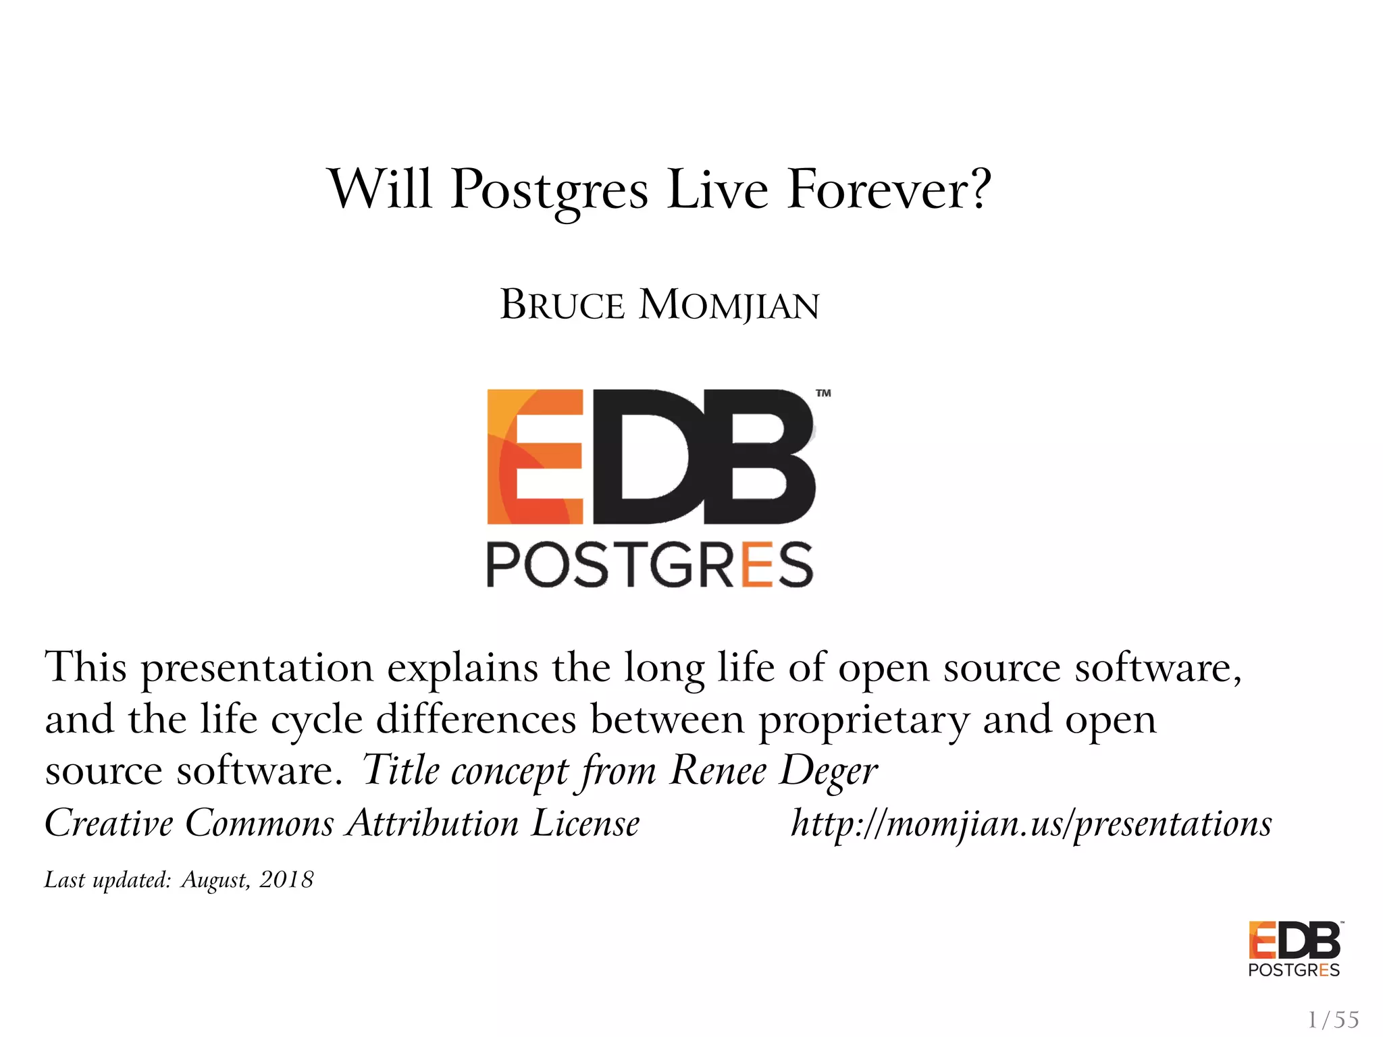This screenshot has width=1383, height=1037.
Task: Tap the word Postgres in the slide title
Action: [548, 190]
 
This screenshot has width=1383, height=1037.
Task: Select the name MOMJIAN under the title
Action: [729, 305]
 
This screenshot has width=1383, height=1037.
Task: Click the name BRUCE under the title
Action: [562, 305]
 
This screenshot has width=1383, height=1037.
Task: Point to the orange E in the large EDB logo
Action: [535, 456]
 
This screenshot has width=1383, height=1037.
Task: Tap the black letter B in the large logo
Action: [759, 456]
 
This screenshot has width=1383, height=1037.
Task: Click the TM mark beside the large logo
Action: [823, 393]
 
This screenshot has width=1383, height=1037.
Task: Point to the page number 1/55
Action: [1333, 1019]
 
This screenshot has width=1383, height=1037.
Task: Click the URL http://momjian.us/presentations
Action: [1031, 824]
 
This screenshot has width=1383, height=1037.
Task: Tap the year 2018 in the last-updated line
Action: [286, 880]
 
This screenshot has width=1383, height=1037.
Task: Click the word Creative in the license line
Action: [109, 824]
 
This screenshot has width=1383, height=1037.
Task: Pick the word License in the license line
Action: [585, 824]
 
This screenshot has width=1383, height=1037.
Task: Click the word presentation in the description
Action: [257, 668]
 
